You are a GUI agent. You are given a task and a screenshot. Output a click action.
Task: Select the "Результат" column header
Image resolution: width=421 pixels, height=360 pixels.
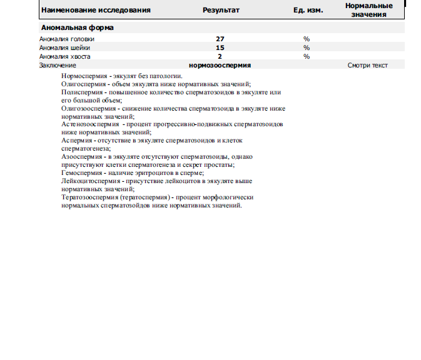221,11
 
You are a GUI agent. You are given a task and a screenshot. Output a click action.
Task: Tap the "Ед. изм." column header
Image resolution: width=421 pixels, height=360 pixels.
308,11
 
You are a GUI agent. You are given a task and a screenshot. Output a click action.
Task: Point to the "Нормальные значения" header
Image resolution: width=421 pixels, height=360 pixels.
369,10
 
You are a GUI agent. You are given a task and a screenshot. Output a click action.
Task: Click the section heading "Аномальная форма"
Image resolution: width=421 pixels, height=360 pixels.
77,28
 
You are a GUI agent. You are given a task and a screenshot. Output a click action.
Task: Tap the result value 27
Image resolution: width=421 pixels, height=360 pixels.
220,39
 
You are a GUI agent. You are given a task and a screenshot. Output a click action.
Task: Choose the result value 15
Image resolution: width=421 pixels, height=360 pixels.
220,47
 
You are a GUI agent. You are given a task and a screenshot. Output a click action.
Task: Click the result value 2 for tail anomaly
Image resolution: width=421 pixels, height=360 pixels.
220,56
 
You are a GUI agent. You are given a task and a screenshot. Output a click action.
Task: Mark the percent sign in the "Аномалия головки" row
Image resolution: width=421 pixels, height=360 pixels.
307,39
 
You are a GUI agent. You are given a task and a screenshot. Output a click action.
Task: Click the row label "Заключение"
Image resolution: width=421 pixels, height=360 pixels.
58,65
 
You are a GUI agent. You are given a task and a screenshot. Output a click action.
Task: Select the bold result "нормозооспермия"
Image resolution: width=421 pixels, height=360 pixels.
220,65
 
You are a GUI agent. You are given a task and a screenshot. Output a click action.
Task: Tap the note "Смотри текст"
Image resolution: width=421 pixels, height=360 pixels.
368,65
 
